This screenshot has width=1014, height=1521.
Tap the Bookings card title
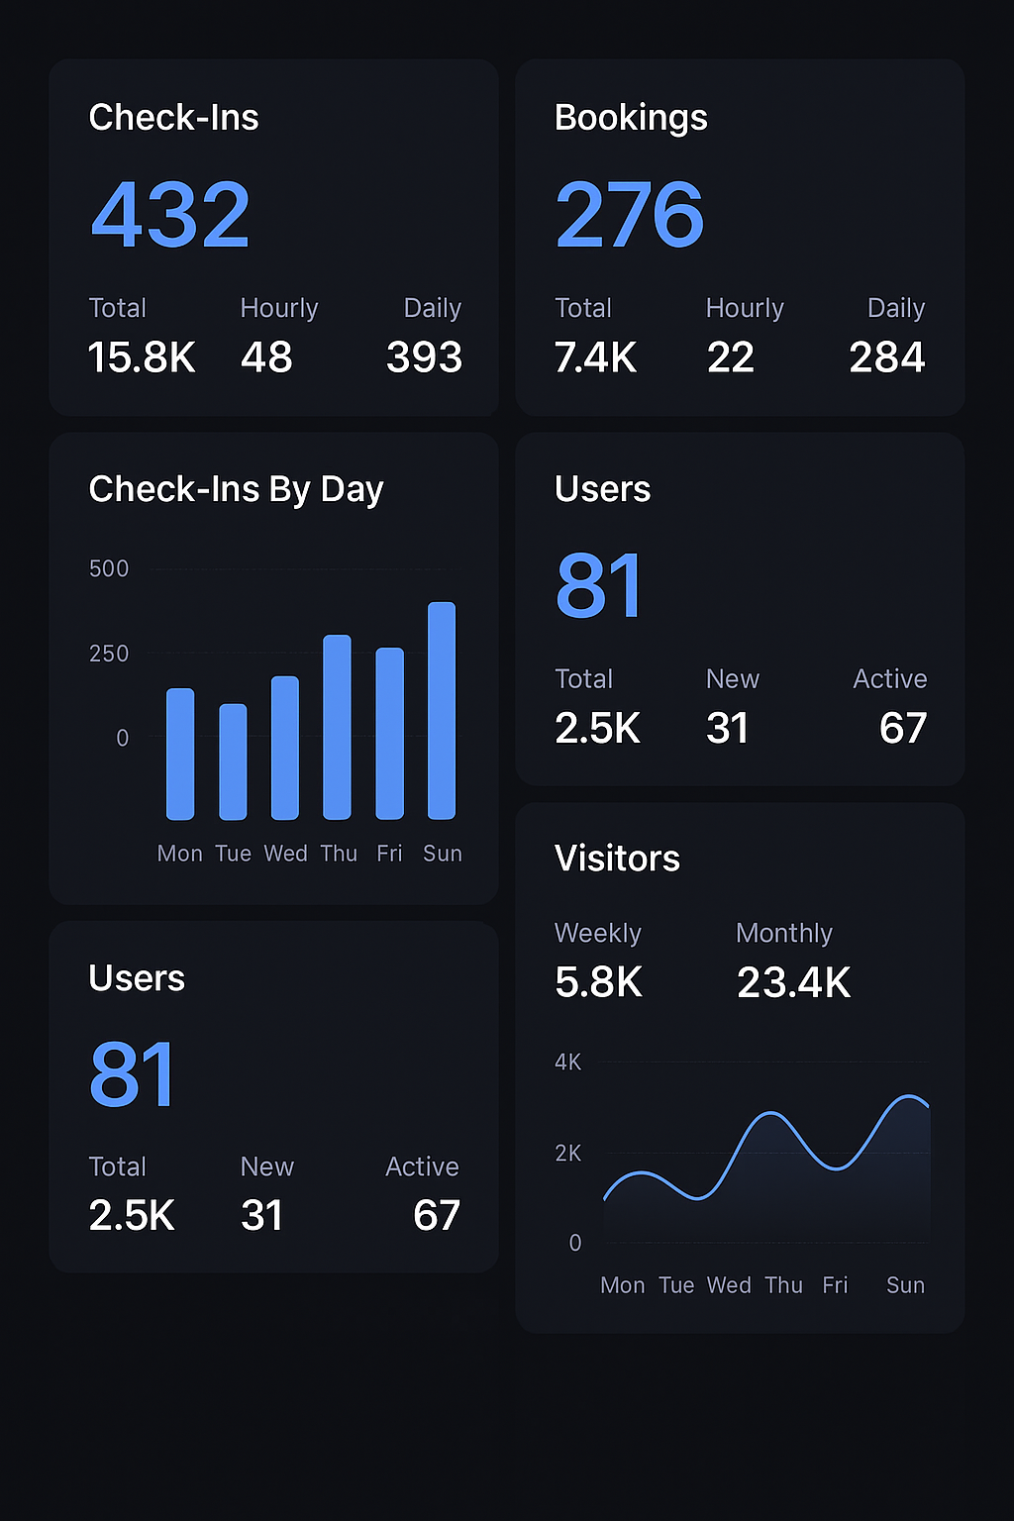(x=631, y=118)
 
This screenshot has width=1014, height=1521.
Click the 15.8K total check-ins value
(x=142, y=357)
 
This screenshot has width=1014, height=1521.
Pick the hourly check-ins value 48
(x=266, y=357)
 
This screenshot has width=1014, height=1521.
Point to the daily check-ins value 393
(x=424, y=357)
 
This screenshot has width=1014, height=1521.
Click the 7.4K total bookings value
(x=596, y=357)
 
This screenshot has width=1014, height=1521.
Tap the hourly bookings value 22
(x=731, y=357)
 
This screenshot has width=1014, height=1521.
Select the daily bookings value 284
(x=886, y=357)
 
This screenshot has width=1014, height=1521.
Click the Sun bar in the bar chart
(x=442, y=710)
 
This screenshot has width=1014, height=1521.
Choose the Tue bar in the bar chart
(x=233, y=761)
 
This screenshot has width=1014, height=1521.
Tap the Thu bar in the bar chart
(x=338, y=727)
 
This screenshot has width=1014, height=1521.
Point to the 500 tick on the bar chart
(x=109, y=569)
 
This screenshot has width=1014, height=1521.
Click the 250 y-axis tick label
(x=109, y=654)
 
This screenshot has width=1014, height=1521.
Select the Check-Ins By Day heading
(x=236, y=489)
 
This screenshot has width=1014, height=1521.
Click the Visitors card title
(x=617, y=859)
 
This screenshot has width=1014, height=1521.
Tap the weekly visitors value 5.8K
(x=598, y=982)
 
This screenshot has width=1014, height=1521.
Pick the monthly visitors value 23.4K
(x=793, y=982)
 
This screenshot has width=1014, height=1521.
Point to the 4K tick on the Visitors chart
(x=568, y=1063)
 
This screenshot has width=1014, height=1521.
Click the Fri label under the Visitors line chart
(x=835, y=1285)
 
